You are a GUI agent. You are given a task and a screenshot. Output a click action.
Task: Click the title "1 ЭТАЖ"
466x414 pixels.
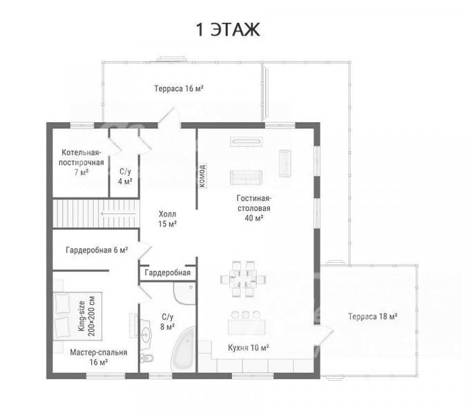pyautogui.click(x=228, y=30)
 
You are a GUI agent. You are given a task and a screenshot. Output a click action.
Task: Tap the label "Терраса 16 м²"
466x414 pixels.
pyautogui.click(x=179, y=88)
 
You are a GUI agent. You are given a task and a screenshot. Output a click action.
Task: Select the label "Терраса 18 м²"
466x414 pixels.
pyautogui.click(x=373, y=317)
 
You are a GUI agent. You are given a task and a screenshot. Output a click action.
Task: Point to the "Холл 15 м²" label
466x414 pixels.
pyautogui.click(x=167, y=219)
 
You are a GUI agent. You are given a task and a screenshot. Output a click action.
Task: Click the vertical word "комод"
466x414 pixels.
pyautogui.click(x=202, y=175)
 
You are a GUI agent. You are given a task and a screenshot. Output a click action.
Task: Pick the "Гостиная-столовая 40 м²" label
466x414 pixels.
pyautogui.click(x=254, y=208)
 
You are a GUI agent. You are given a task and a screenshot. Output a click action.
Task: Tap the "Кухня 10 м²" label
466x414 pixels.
pyautogui.click(x=249, y=348)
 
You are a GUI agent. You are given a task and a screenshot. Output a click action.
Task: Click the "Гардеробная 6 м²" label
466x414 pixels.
pyautogui.click(x=97, y=250)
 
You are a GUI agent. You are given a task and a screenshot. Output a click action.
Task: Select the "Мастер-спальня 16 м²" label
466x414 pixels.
pyautogui.click(x=98, y=357)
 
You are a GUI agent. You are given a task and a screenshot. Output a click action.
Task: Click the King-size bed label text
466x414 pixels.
pyautogui.click(x=86, y=316)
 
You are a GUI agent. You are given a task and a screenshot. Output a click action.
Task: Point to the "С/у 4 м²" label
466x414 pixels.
pyautogui.click(x=125, y=177)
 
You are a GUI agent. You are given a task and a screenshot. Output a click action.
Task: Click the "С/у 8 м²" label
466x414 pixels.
pyautogui.click(x=167, y=322)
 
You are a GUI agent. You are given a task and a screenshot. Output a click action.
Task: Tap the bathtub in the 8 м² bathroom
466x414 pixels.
pyautogui.click(x=184, y=350)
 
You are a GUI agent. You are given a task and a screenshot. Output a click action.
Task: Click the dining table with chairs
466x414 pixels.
pyautogui.click(x=243, y=279)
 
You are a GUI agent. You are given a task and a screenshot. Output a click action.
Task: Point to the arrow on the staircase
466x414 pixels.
pyautogui.click(x=118, y=213)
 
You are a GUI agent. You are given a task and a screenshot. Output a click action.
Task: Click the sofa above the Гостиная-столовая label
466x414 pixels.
pyautogui.click(x=246, y=177)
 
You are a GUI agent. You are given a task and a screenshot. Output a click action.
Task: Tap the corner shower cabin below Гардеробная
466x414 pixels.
pyautogui.click(x=184, y=293)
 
